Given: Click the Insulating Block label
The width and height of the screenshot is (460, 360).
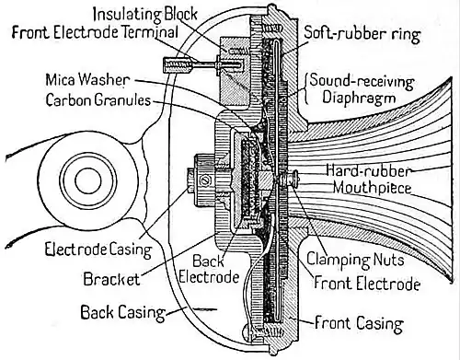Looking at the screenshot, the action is [144, 15].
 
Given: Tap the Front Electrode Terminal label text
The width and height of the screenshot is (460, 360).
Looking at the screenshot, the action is [95, 32].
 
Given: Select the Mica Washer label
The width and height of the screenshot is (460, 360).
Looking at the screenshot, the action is [87, 80].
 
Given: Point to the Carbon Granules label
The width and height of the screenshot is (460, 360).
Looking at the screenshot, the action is [98, 99].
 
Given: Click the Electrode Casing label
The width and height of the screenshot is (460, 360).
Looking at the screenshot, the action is [98, 250].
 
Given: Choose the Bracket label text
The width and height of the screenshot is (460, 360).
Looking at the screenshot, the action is [111, 279].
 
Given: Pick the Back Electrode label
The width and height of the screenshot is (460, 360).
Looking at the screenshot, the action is [209, 269].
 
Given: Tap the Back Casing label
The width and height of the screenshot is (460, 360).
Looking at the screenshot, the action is [122, 312].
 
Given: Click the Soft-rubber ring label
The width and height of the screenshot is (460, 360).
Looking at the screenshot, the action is [362, 33].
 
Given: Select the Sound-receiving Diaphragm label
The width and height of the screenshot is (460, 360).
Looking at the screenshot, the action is [362, 89].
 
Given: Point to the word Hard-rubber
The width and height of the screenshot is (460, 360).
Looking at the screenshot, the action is [368, 171].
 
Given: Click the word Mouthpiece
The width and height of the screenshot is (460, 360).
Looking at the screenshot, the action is [372, 188].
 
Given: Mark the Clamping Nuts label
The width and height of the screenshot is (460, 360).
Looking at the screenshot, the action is [355, 261].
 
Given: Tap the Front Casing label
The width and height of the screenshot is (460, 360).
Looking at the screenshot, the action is [359, 323].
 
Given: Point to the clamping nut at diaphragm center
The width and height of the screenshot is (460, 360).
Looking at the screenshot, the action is [290, 178].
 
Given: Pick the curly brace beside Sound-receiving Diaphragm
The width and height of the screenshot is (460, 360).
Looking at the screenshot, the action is [305, 88].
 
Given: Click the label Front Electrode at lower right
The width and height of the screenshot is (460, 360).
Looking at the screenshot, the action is [367, 283].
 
